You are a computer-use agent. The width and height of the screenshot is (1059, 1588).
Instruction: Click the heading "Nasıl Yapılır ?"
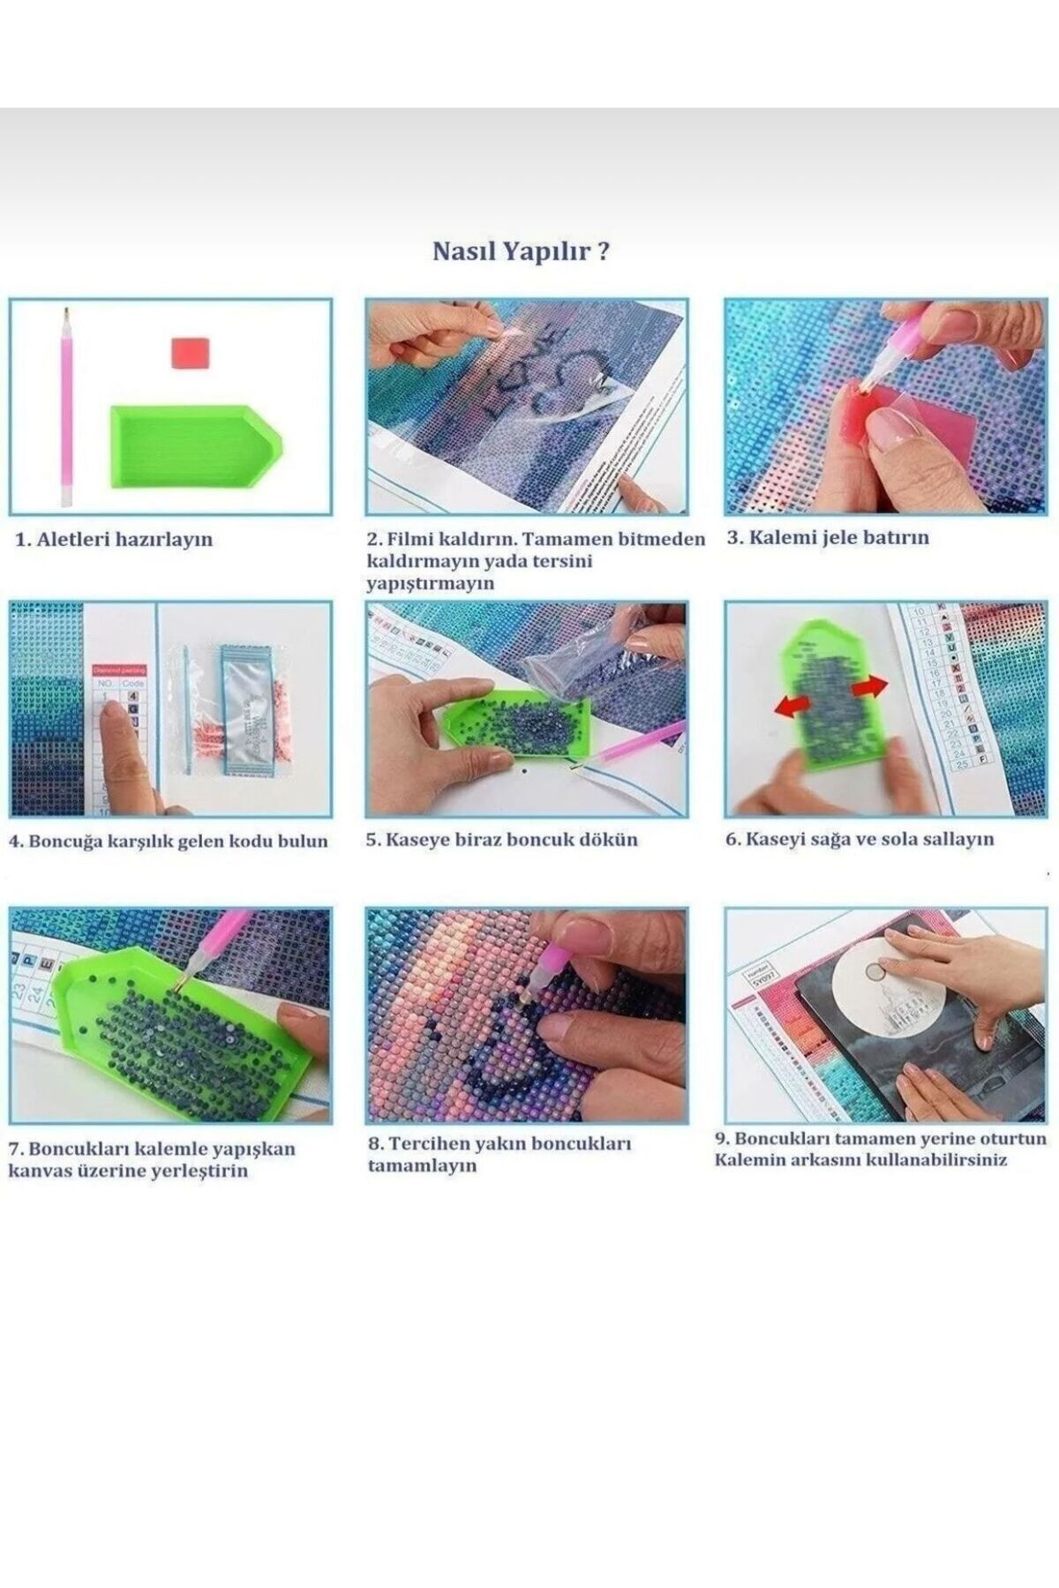click(x=521, y=251)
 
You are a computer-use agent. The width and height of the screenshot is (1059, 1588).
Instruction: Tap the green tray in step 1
click(x=196, y=446)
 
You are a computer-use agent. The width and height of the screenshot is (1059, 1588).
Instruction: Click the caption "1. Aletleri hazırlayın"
click(x=114, y=539)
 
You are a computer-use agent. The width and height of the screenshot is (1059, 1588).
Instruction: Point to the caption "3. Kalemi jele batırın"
click(x=828, y=537)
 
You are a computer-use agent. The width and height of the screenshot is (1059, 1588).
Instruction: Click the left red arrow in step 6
click(x=792, y=704)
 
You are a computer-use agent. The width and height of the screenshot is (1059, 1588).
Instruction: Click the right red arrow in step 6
click(x=873, y=685)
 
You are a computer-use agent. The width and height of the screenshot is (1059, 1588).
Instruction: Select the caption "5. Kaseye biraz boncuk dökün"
click(x=501, y=840)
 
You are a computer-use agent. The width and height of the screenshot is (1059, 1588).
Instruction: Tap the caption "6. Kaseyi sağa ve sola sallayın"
click(x=860, y=839)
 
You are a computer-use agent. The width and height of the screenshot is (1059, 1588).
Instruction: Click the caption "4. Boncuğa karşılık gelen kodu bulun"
click(x=168, y=841)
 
